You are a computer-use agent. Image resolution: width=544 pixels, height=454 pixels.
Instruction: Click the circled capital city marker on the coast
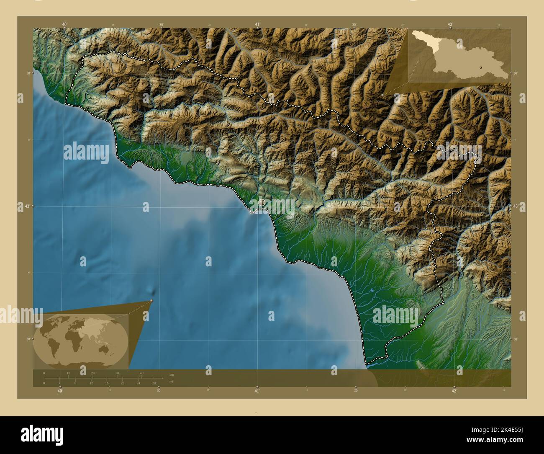click(x=262, y=203)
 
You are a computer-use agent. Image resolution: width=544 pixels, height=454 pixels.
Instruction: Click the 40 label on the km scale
click(x=141, y=373)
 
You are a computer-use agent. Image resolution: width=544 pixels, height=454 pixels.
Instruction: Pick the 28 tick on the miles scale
click(x=154, y=383)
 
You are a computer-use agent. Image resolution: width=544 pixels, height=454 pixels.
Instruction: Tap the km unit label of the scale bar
click(x=171, y=374)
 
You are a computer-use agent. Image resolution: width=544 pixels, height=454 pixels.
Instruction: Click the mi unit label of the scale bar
click(x=171, y=382)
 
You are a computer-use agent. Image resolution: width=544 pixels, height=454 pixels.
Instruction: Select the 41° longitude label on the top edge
click(x=257, y=24)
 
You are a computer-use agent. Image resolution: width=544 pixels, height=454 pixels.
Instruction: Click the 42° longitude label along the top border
click(x=450, y=24)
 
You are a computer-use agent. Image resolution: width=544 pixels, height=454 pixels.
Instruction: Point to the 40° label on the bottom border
click(x=61, y=391)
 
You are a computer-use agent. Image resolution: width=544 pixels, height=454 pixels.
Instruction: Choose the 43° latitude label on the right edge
click(x=516, y=206)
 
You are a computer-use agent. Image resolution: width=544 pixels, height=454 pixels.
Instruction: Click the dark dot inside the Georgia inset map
click(x=481, y=67)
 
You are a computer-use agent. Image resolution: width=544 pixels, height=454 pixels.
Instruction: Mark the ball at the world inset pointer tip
click(x=151, y=300)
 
